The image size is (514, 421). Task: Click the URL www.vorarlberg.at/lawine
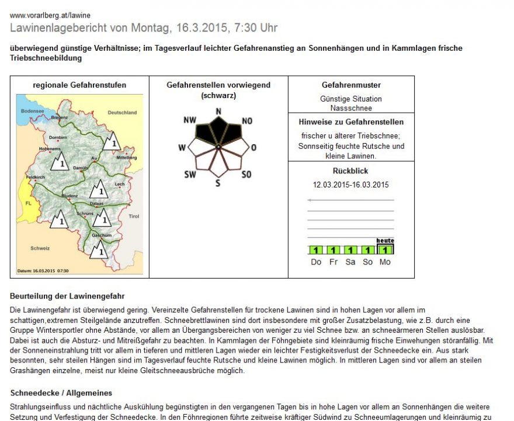pyautogui.click(x=50, y=15)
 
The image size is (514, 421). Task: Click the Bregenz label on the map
pyautogui.click(x=60, y=117)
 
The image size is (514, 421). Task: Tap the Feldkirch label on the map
pyautogui.click(x=36, y=176)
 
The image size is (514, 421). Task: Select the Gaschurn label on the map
pyautogui.click(x=101, y=235)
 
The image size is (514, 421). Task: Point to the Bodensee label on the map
pyautogui.click(x=32, y=110)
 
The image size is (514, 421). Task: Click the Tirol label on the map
pyautogui.click(x=134, y=216)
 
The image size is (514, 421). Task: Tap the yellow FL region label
pyautogui.click(x=28, y=203)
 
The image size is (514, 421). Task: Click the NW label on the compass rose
pyautogui.click(x=189, y=120)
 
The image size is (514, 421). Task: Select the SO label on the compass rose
pyautogui.click(x=246, y=174)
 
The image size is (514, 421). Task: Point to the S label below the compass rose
pyautogui.click(x=217, y=183)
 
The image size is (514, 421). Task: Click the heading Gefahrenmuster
pyautogui.click(x=351, y=85)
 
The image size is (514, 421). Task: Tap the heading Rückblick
pyautogui.click(x=350, y=171)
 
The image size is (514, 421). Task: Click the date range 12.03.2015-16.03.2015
pyautogui.click(x=350, y=185)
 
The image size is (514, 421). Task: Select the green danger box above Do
pyautogui.click(x=316, y=250)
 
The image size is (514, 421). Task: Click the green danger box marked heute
pyautogui.click(x=385, y=249)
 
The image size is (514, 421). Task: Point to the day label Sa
pyautogui.click(x=350, y=262)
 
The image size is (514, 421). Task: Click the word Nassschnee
pyautogui.click(x=350, y=108)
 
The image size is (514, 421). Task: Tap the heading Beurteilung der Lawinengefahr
pyautogui.click(x=67, y=297)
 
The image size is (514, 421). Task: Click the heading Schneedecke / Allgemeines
pyautogui.click(x=61, y=393)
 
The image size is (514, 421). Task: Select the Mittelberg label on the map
pyautogui.click(x=126, y=158)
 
